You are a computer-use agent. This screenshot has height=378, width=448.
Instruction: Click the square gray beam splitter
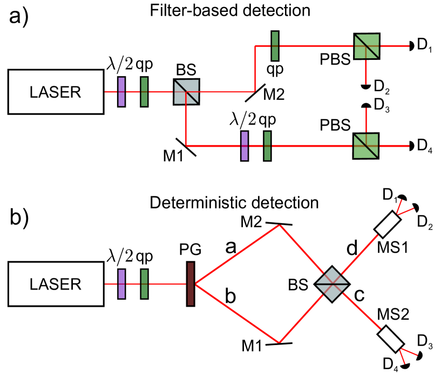tap(186, 92)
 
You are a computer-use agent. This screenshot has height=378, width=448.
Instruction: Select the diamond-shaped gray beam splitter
tap(332, 284)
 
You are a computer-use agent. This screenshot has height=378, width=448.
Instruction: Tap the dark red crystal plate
tap(191, 284)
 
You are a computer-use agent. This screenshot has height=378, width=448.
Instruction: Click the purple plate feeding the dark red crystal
tap(121, 284)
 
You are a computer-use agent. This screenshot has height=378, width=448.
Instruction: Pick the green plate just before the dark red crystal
tap(144, 284)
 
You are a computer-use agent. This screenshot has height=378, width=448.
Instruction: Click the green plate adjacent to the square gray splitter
tap(144, 92)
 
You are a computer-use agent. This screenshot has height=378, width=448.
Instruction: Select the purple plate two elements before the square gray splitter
tap(121, 92)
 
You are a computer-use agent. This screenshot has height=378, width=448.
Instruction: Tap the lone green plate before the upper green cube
tap(275, 46)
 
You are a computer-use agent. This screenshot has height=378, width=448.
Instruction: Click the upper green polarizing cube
tap(366, 46)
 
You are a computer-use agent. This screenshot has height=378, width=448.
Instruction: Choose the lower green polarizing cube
tap(366, 146)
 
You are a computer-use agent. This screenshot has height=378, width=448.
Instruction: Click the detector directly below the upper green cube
tap(366, 85)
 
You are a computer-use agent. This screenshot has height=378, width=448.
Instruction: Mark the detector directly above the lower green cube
tap(366, 107)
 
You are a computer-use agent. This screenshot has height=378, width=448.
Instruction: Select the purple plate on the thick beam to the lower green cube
tap(245, 146)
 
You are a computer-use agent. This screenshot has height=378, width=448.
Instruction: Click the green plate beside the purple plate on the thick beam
tap(267, 146)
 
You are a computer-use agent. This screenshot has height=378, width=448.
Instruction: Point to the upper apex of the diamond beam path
tap(279, 225)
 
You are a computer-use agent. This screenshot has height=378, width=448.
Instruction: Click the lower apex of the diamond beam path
tap(279, 342)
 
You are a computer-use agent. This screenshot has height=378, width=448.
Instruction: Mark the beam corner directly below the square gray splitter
tap(186, 146)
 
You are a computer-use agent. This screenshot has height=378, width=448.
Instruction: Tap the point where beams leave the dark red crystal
tap(195, 284)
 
